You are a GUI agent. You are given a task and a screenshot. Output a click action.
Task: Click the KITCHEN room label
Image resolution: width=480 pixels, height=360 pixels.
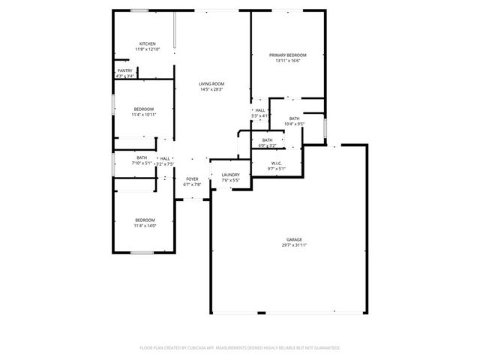pyautogui.click(x=146, y=44)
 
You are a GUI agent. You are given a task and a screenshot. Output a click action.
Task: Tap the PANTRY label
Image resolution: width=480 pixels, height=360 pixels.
pyautogui.click(x=124, y=71)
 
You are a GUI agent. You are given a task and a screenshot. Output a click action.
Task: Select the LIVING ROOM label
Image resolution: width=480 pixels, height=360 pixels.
pyautogui.click(x=211, y=84)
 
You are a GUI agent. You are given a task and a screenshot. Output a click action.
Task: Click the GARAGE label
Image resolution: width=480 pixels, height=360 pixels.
pyautogui.click(x=294, y=239)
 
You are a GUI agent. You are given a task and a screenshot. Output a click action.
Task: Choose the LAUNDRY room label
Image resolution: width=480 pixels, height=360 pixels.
pyautogui.click(x=230, y=175)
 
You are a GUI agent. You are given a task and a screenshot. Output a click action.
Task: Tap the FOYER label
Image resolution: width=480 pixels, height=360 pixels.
pyautogui.click(x=192, y=178)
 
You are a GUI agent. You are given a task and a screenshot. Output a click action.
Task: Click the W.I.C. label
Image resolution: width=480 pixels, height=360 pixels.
pyautogui.click(x=277, y=163)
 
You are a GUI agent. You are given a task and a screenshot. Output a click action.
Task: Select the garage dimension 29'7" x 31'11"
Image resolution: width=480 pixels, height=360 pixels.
pyautogui.click(x=294, y=244)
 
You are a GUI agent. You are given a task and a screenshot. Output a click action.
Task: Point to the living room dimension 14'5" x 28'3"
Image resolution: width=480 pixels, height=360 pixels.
pyautogui.click(x=211, y=89)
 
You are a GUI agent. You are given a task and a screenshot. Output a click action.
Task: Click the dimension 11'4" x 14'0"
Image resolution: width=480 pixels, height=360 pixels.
pyautogui.click(x=145, y=225)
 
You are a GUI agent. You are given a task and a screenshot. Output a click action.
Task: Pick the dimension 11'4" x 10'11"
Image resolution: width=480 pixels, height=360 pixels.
pyautogui.click(x=144, y=115)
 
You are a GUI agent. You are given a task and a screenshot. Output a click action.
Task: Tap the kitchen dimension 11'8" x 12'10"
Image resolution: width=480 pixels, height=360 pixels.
pyautogui.click(x=146, y=49)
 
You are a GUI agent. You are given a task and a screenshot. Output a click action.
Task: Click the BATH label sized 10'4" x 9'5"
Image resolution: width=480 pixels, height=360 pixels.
pyautogui.click(x=294, y=118)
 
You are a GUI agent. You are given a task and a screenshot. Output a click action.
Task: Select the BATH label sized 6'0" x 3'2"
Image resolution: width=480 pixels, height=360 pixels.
pyautogui.click(x=267, y=140)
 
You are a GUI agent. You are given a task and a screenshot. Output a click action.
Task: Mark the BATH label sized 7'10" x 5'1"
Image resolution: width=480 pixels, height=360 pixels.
pyautogui.click(x=142, y=157)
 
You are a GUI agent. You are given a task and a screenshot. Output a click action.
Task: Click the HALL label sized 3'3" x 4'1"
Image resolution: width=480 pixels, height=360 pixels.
pyautogui.click(x=259, y=110)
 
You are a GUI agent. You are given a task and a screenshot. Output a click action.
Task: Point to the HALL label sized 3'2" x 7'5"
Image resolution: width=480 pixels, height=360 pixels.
pyautogui.click(x=164, y=158)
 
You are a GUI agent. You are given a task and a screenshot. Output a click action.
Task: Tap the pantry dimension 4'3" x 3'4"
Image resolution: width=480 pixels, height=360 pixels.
pyautogui.click(x=124, y=76)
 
